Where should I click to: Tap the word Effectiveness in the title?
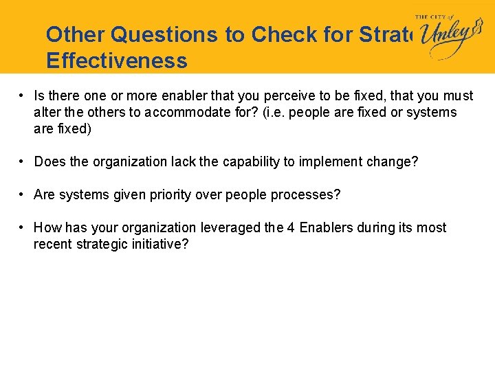pyautogui.click(x=117, y=61)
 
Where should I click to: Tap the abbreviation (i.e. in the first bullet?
pyautogui.click(x=272, y=113)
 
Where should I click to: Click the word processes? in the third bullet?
pyautogui.click(x=308, y=194)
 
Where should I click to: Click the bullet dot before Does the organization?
pyautogui.click(x=23, y=161)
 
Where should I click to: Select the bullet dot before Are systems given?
pyautogui.click(x=23, y=194)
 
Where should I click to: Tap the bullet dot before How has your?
pyautogui.click(x=23, y=227)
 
